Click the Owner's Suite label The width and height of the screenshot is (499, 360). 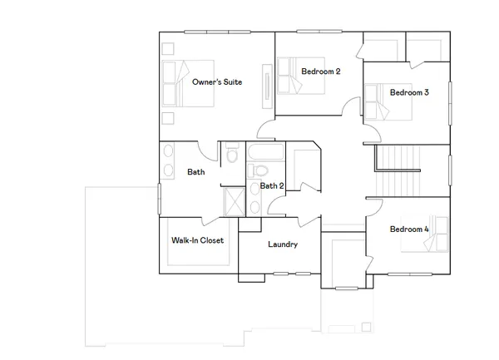point(217,82)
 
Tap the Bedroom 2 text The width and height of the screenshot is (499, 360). point(321,72)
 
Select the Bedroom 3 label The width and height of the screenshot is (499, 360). point(409,92)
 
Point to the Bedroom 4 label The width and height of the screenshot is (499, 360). point(409,229)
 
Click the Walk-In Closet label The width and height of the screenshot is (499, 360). point(197,240)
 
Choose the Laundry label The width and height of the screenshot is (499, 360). point(283,244)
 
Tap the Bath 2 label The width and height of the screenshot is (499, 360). point(272,186)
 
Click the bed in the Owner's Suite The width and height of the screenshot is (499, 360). point(187,82)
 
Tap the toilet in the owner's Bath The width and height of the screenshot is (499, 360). point(232,155)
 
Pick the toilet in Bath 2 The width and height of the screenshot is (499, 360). point(254,173)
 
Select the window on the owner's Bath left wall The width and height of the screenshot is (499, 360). point(159,199)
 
